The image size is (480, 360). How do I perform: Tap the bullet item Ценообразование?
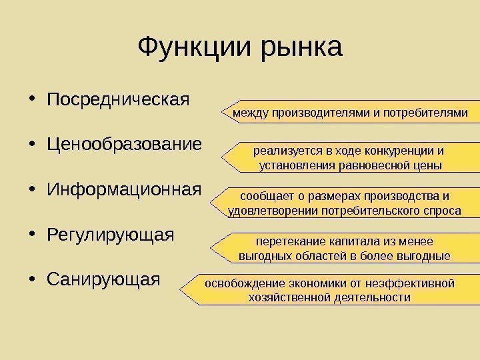coord(123,145)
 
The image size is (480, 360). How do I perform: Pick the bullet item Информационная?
coord(123,190)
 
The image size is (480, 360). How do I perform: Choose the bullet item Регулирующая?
coord(110,235)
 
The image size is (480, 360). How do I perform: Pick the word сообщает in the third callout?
coord(264,197)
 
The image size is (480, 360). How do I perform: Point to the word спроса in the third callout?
coord(442,211)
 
